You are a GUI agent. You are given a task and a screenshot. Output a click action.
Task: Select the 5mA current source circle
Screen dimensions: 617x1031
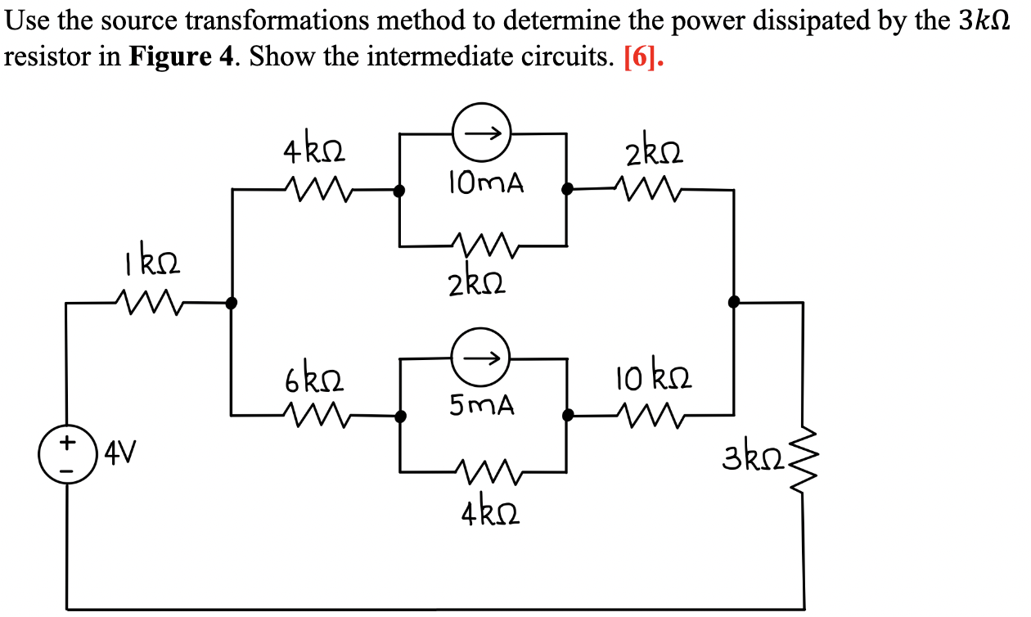[483, 358]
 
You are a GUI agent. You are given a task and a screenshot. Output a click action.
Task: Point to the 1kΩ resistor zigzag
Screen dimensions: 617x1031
[148, 302]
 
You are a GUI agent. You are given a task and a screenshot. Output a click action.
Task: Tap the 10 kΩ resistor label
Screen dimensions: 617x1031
[655, 380]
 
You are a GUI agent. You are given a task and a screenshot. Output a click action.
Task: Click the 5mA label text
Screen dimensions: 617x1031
[483, 405]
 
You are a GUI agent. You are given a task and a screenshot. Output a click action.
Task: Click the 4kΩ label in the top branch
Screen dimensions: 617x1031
[314, 153]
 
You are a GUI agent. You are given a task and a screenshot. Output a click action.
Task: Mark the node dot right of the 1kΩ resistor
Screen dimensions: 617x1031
[232, 302]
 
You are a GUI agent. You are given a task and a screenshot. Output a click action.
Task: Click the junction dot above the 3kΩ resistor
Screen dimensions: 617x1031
[734, 301]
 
